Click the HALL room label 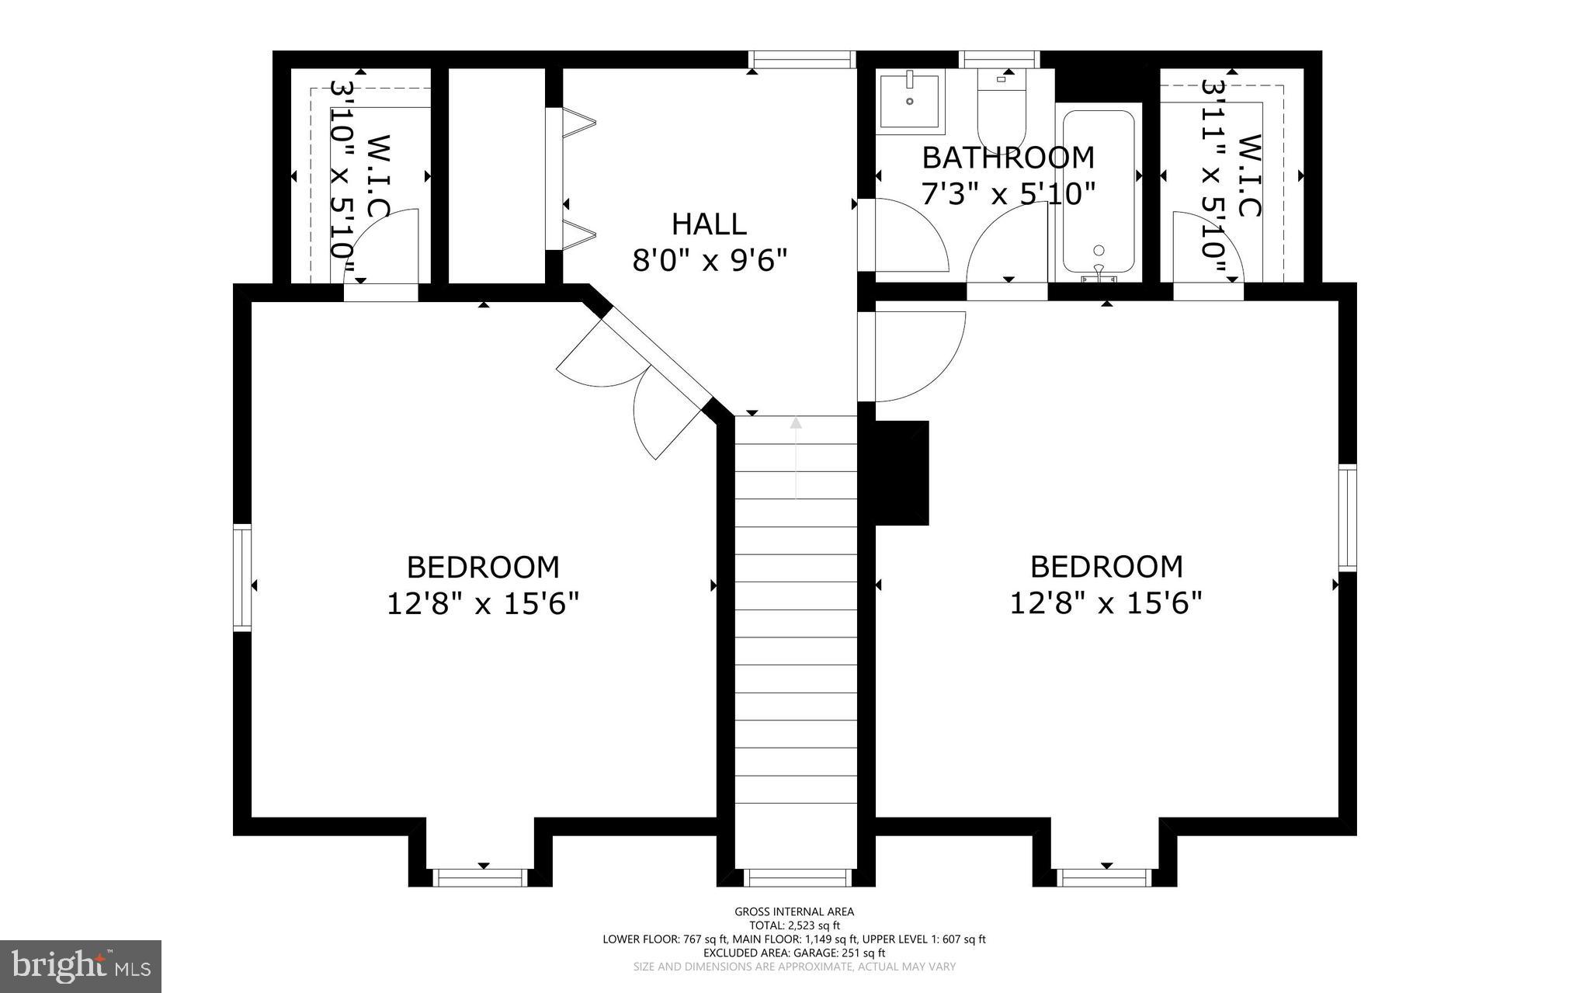709,224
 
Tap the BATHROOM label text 1008,158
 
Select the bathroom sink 909,101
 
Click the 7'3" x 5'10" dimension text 1008,193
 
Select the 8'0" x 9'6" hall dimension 710,260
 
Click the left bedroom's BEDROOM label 483,568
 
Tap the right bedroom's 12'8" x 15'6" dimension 1106,602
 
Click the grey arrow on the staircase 796,458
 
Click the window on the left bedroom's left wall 243,576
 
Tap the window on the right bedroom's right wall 1347,517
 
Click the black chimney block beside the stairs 901,473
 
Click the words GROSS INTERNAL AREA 794,912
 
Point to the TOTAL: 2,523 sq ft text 794,925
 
